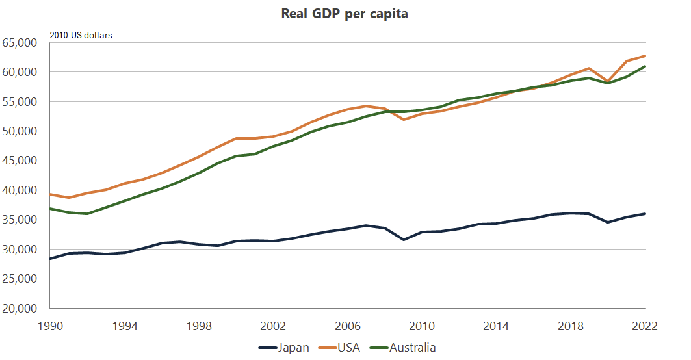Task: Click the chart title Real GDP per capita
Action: pyautogui.click(x=345, y=14)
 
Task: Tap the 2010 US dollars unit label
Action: pyautogui.click(x=81, y=35)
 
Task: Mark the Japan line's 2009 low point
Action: pyautogui.click(x=404, y=240)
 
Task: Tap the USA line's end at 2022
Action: pyautogui.click(x=645, y=56)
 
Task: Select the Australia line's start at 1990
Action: pyautogui.click(x=51, y=209)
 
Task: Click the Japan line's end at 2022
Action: pyautogui.click(x=645, y=214)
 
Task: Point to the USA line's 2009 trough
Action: pyautogui.click(x=404, y=120)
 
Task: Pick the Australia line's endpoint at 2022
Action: pyautogui.click(x=645, y=66)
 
